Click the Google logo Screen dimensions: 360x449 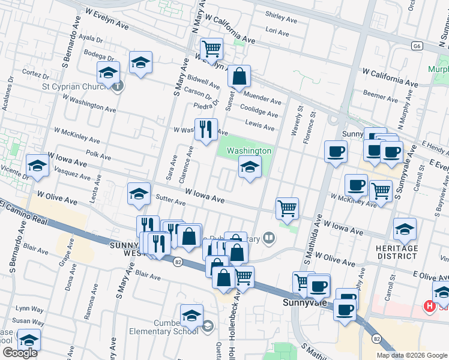(x=20, y=353)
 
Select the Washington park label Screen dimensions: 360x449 (x=249, y=151)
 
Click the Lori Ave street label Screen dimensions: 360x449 (x=277, y=31)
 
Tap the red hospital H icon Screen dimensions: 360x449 (x=429, y=306)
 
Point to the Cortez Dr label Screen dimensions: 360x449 (x=35, y=74)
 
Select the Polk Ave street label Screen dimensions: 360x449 (x=98, y=155)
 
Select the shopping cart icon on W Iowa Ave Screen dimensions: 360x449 (x=288, y=208)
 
